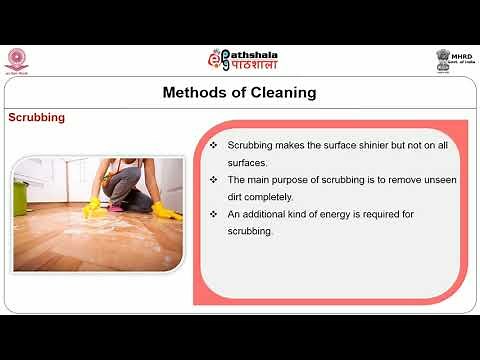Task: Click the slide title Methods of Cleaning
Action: click(239, 93)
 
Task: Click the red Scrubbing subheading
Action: click(37, 117)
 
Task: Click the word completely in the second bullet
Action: click(270, 196)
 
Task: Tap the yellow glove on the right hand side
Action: click(165, 210)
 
